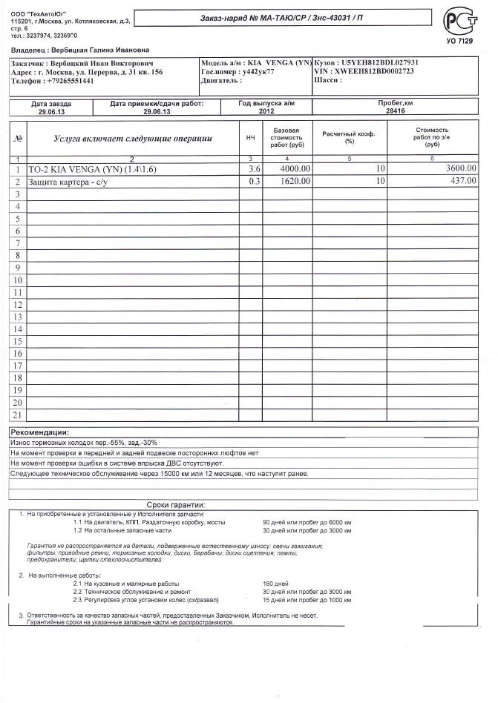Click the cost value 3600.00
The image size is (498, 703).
461,169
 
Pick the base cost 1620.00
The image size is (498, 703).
295,181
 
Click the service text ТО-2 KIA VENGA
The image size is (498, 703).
93,170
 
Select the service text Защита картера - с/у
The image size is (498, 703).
68,182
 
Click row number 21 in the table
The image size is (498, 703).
17,415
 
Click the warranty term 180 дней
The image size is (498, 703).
275,584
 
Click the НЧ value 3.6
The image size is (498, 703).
254,169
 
